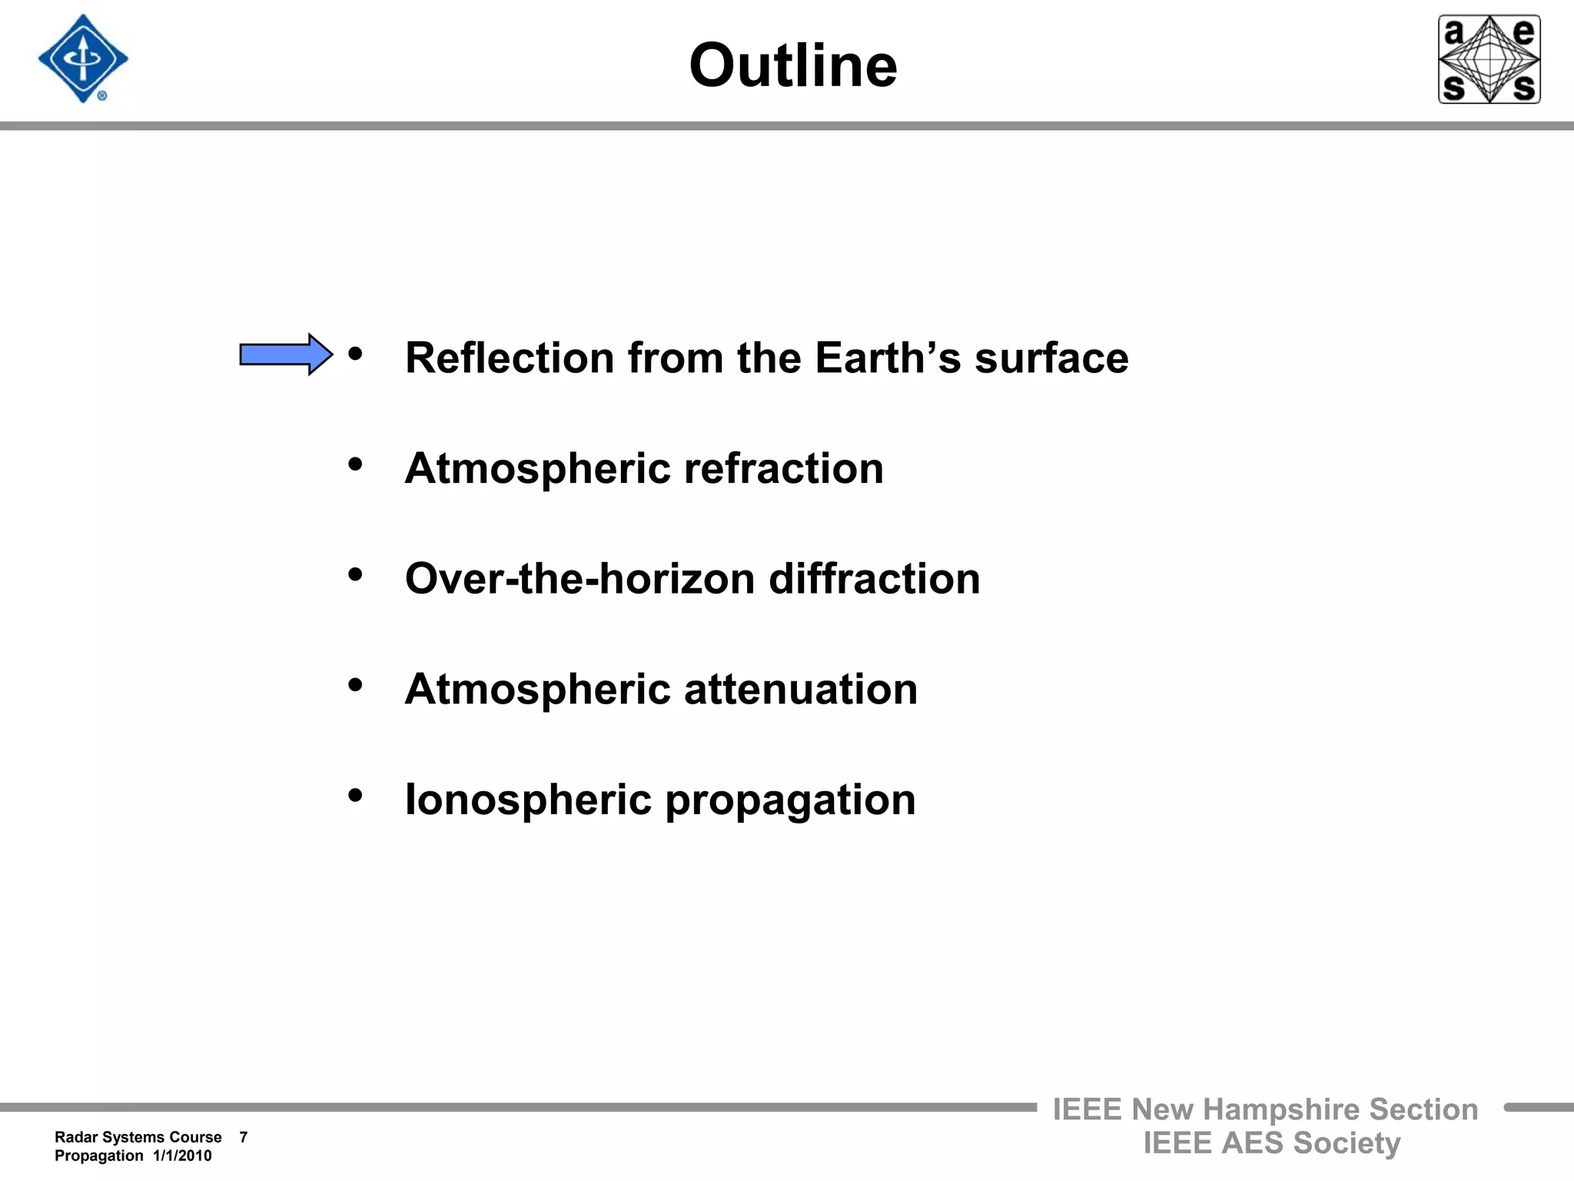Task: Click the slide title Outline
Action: tap(792, 65)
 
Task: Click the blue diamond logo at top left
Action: tap(83, 58)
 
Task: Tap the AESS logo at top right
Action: tap(1489, 59)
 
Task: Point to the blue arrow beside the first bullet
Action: tap(286, 354)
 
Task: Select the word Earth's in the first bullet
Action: tap(888, 358)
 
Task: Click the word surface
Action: tap(1051, 358)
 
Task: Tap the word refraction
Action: tap(783, 468)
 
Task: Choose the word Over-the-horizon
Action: tap(579, 579)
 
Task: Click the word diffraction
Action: tap(874, 579)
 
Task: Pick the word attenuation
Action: tap(800, 689)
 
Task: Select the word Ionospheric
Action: tap(528, 800)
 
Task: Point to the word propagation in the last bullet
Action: tap(790, 800)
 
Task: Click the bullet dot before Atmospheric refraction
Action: tap(355, 464)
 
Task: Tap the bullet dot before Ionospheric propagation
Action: tap(355, 795)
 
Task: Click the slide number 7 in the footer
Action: tap(244, 1137)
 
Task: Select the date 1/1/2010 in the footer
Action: tap(182, 1156)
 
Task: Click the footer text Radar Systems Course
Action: tap(138, 1137)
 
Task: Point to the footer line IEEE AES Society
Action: tap(1271, 1143)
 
